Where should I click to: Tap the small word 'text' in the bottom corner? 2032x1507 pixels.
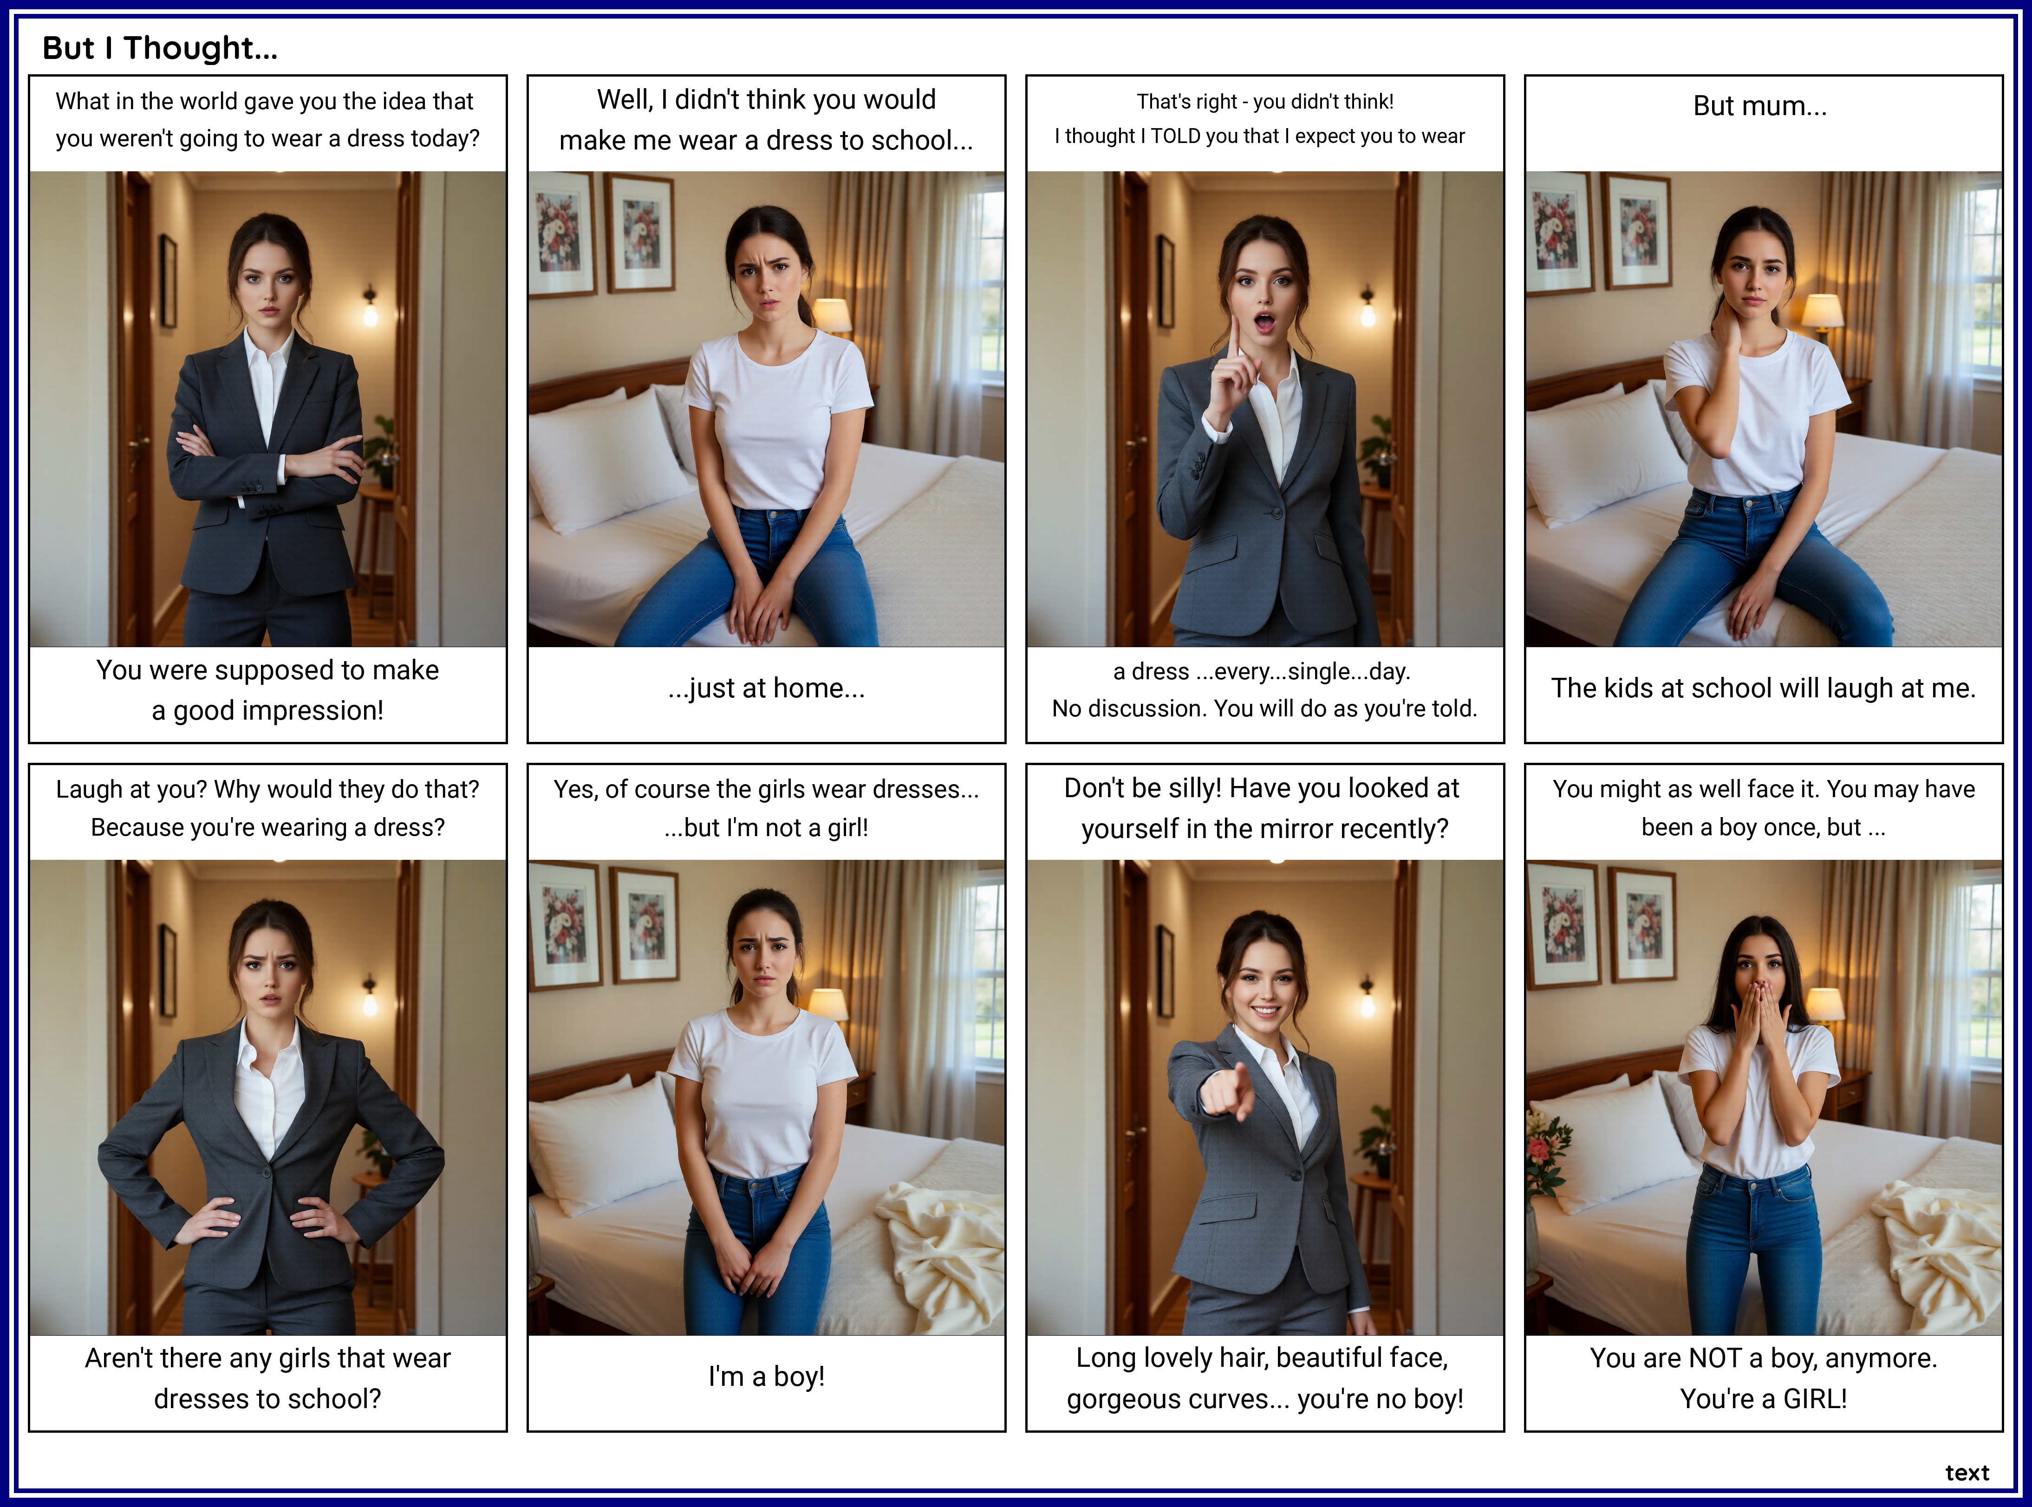tap(1967, 1472)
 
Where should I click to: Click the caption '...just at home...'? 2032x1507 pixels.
tap(767, 688)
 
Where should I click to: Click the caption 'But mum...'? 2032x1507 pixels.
tap(1760, 106)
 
